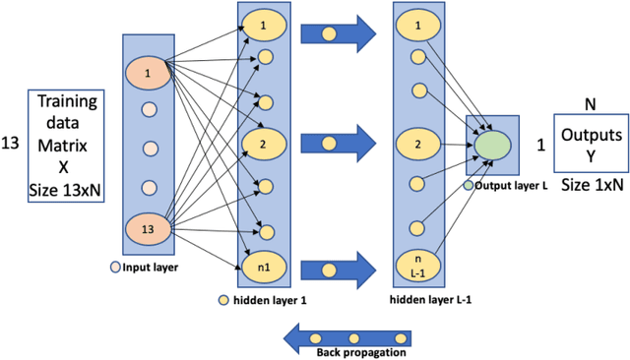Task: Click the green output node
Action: click(491, 143)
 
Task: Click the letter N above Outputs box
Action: click(591, 101)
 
